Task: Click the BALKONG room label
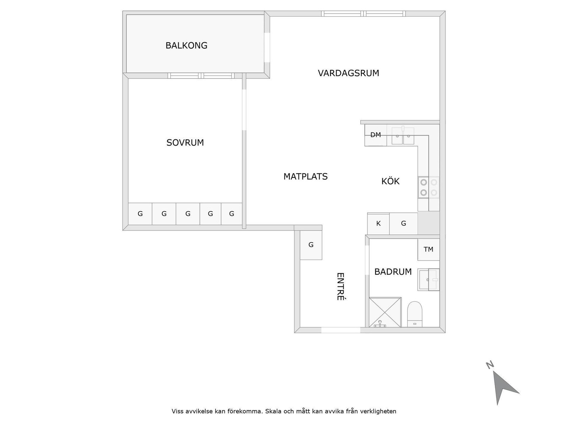[186, 45]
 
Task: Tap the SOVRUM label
[185, 143]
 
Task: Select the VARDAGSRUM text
[348, 73]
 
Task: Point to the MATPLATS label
[305, 176]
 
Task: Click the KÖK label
[390, 181]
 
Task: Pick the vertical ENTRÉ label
[340, 286]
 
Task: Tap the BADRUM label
[393, 272]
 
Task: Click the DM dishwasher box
[376, 135]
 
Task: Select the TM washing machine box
[428, 250]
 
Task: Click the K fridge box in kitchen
[378, 224]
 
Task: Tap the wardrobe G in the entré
[311, 245]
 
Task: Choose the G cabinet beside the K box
[403, 224]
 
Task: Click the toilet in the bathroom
[414, 314]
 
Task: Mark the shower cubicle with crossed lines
[385, 312]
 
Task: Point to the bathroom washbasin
[428, 280]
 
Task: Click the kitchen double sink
[403, 136]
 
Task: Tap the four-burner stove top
[428, 187]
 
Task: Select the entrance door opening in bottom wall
[340, 330]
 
